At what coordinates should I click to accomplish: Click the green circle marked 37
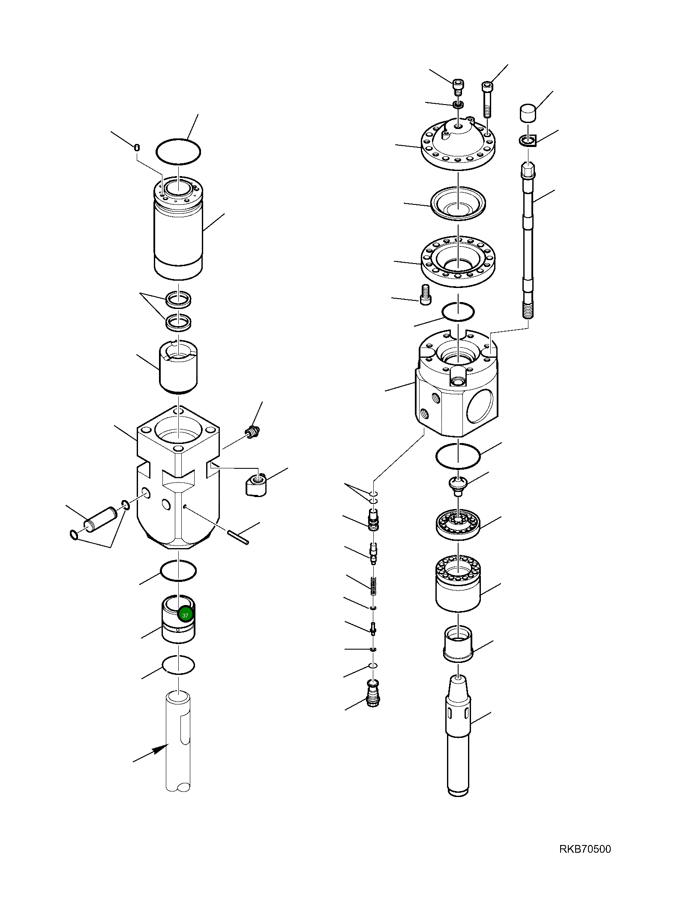coord(185,615)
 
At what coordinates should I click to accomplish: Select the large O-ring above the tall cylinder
coord(178,151)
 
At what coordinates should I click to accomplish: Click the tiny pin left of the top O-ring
coord(137,147)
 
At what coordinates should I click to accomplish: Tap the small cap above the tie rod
coord(528,113)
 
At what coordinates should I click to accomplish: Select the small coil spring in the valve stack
coord(373,585)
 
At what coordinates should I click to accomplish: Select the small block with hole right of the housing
coord(256,484)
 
